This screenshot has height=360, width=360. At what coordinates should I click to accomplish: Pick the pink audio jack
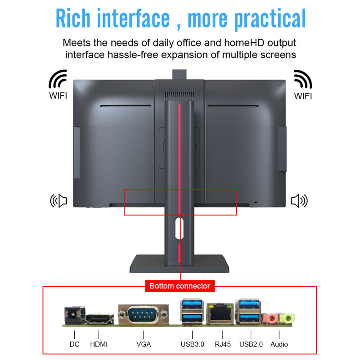pyautogui.click(x=271, y=319)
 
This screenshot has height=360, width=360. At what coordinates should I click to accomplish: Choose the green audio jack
pyautogui.click(x=286, y=319)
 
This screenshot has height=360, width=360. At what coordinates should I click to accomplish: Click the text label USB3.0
pyautogui.click(x=192, y=344)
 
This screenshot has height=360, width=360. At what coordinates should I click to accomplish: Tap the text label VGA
pyautogui.click(x=144, y=344)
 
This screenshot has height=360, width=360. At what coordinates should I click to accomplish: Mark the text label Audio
pyautogui.click(x=279, y=344)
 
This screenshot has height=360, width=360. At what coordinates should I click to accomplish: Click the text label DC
pyautogui.click(x=74, y=344)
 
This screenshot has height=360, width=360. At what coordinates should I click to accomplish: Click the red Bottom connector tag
pyautogui.click(x=180, y=286)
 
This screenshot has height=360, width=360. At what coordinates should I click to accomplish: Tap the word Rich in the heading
pyautogui.click(x=73, y=19)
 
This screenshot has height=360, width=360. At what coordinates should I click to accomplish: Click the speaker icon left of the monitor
pyautogui.click(x=58, y=201)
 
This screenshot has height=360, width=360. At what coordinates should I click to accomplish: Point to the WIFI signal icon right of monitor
pyautogui.click(x=302, y=80)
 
